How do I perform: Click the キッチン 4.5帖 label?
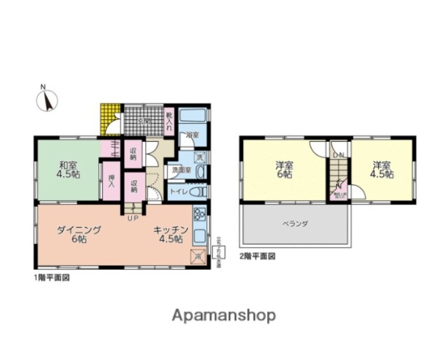pos(169,234)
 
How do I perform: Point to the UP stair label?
pos(133,218)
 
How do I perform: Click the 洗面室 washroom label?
pos(181,169)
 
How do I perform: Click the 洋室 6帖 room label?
pos(283,169)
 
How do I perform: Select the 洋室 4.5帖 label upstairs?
pos(382,169)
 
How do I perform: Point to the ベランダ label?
pos(295,223)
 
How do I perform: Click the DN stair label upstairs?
pos(338,155)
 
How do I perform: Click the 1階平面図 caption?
pos(52,277)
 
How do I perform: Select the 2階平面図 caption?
pos(256,256)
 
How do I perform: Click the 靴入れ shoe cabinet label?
pos(170,118)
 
